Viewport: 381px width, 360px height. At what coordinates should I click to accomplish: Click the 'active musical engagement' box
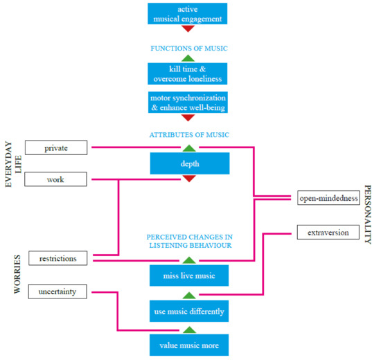pos(187,14)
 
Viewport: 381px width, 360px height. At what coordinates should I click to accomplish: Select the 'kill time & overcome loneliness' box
pos(187,73)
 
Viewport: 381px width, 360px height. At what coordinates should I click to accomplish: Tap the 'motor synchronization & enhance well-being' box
pos(188,102)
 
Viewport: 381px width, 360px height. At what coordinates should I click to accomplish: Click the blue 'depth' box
pos(190,163)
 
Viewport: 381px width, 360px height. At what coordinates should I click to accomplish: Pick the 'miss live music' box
pos(189,276)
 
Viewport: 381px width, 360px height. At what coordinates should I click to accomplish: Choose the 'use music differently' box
pos(189,311)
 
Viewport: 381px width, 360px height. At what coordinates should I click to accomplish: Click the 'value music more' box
pos(189,345)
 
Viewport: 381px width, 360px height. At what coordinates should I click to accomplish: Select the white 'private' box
pos(56,147)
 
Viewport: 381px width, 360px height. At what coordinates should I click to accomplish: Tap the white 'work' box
pos(55,179)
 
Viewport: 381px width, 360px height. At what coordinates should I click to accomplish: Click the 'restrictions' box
pos(57,258)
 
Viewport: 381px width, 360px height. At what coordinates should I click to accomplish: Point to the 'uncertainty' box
pos(57,291)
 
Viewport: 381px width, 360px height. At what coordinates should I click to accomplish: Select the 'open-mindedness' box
pos(328,198)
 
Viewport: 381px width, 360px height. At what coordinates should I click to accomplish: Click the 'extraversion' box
pos(328,232)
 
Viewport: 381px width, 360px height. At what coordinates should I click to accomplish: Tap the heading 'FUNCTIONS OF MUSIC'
pos(189,48)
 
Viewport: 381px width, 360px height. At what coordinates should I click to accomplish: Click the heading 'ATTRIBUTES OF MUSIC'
pos(189,135)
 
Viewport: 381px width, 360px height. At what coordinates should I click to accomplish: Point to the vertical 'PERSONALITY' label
pos(368,215)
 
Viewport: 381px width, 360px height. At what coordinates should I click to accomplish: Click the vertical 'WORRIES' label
pos(17,274)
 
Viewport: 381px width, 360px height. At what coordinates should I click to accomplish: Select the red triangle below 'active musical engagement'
pos(188,28)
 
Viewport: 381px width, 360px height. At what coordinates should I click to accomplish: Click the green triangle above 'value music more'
pos(189,330)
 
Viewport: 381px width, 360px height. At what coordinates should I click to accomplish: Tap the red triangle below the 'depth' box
pos(189,179)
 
